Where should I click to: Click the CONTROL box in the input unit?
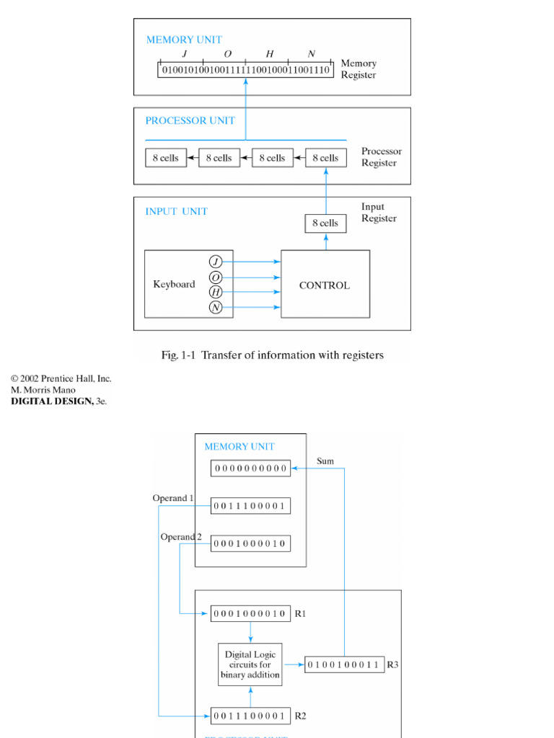click(325, 285)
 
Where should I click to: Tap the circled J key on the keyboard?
click(216, 262)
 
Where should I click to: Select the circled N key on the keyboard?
click(216, 308)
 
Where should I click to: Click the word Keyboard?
click(174, 284)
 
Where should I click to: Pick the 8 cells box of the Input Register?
click(325, 223)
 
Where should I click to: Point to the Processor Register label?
click(381, 157)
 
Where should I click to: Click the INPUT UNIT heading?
click(176, 211)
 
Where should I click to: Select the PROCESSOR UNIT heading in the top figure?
click(190, 120)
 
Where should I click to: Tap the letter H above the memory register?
click(270, 54)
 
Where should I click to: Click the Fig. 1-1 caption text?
click(271, 355)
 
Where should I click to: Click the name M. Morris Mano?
click(43, 390)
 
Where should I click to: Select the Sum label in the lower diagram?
click(325, 461)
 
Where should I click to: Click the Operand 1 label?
click(173, 498)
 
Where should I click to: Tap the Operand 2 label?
click(181, 537)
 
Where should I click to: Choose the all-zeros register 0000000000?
click(250, 468)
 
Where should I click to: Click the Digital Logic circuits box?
click(250, 664)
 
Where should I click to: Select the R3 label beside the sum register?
click(392, 664)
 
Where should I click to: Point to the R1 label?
click(301, 613)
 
